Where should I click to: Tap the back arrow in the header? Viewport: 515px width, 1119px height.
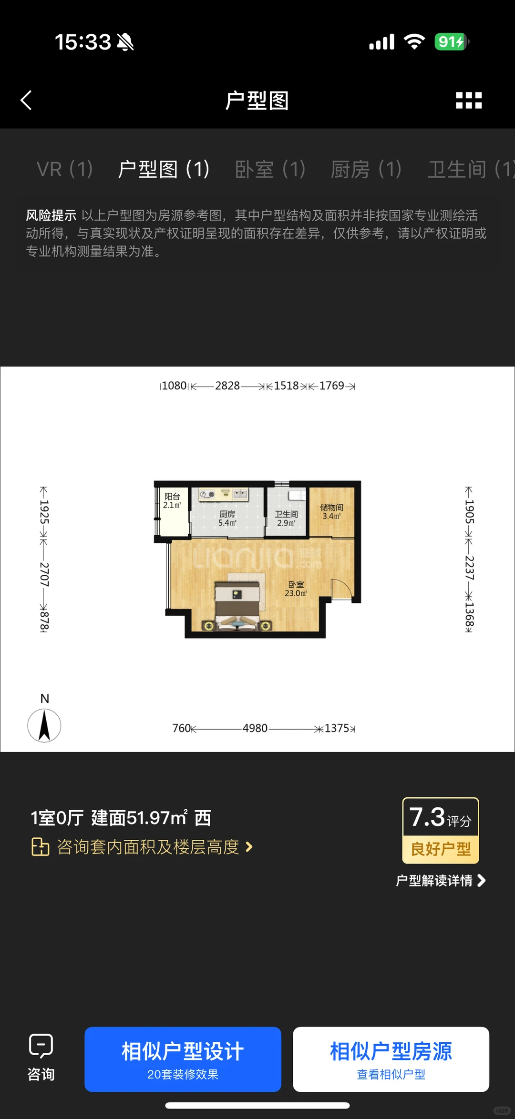tap(27, 101)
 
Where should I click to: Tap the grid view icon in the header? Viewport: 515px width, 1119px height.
tap(468, 101)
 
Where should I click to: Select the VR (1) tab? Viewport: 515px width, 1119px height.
tap(64, 169)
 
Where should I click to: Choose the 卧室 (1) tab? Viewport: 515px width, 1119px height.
tap(270, 169)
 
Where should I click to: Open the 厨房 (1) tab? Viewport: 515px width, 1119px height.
tap(366, 169)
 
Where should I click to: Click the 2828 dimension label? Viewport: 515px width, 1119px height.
tap(227, 386)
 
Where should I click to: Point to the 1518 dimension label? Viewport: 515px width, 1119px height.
tap(286, 386)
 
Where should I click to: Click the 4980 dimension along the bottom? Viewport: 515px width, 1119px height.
tap(255, 728)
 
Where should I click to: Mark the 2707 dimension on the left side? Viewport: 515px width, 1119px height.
tap(44, 574)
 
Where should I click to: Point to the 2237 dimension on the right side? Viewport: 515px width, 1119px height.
tap(469, 568)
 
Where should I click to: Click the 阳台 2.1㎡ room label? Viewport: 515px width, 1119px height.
tap(172, 500)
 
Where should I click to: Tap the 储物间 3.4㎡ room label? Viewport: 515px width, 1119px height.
tap(331, 511)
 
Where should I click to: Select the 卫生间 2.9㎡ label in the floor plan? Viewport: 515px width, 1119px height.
tap(286, 518)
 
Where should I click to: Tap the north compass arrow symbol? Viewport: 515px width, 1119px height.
tap(44, 725)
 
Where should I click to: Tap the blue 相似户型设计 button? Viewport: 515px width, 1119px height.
tap(183, 1059)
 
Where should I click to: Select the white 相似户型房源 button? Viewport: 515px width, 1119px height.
tap(391, 1059)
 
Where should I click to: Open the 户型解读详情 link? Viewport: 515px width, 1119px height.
tap(440, 880)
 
